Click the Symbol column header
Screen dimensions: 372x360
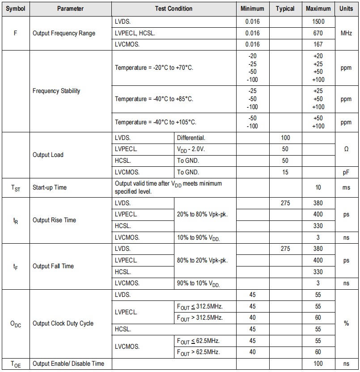point(16,8)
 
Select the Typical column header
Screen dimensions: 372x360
point(285,8)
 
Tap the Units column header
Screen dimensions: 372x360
point(346,8)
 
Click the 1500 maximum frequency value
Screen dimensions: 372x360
point(318,21)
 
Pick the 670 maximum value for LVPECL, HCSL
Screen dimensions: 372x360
point(318,33)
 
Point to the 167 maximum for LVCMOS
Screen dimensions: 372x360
point(318,45)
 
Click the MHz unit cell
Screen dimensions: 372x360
point(346,33)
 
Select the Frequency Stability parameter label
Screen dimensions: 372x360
point(56,91)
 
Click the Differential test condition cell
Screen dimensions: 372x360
point(191,138)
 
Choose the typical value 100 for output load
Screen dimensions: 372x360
point(285,138)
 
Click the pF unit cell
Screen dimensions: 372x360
point(346,172)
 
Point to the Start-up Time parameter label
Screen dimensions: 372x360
point(50,188)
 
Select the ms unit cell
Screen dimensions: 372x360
point(346,188)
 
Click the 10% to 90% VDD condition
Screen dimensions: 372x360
point(199,238)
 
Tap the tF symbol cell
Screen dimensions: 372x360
point(16,266)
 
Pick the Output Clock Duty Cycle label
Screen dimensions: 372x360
point(63,323)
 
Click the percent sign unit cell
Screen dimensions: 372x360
point(346,323)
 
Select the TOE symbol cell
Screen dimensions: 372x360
point(16,364)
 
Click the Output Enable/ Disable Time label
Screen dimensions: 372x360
point(68,364)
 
